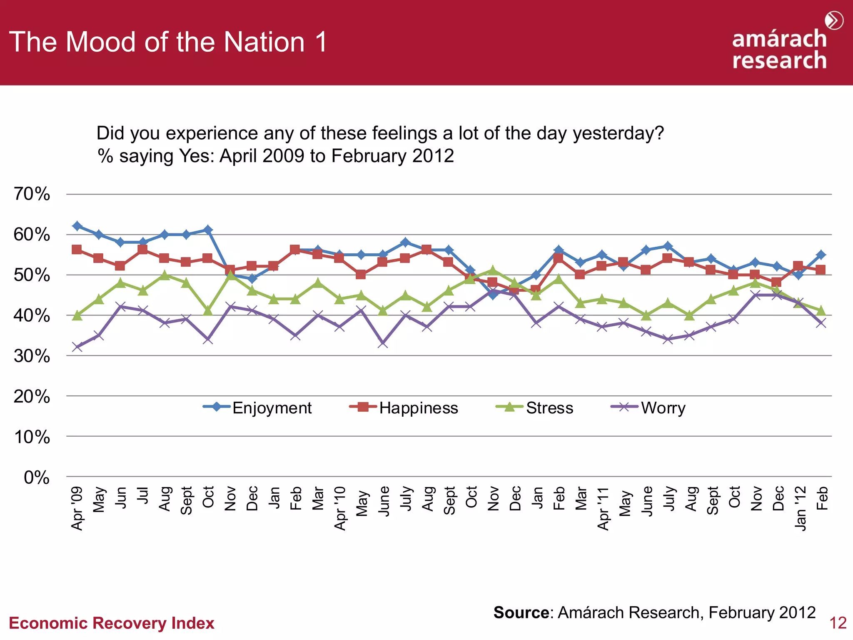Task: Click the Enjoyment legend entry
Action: [x=257, y=407]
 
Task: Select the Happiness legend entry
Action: [x=404, y=407]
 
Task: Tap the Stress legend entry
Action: [x=535, y=407]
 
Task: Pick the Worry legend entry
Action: [x=649, y=407]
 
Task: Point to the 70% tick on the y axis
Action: [x=32, y=194]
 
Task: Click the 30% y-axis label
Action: [x=32, y=356]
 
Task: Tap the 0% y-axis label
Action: [x=37, y=477]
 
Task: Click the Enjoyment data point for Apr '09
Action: [x=77, y=226]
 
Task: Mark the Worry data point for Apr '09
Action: [x=77, y=347]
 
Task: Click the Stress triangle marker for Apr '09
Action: [x=77, y=315]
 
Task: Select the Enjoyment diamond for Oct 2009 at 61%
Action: [x=208, y=230]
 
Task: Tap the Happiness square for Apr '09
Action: [x=77, y=250]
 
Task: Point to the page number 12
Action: [x=838, y=623]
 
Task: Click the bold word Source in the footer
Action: [x=521, y=612]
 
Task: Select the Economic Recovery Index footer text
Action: [x=111, y=623]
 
